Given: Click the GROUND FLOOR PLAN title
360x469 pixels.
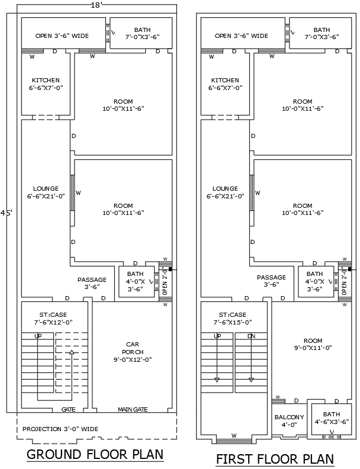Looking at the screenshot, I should click(x=95, y=455).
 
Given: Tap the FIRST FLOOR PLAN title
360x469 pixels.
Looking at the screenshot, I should click(x=274, y=459).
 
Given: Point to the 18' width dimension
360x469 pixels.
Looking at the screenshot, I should click(x=97, y=5).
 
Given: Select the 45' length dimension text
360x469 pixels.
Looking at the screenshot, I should click(x=6, y=212).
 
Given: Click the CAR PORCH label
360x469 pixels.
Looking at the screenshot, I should click(x=133, y=351).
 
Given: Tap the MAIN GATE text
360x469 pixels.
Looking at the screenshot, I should click(x=133, y=409).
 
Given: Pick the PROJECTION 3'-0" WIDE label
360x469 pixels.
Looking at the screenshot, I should click(x=60, y=429).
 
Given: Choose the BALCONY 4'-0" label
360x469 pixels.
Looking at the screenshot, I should click(x=289, y=420).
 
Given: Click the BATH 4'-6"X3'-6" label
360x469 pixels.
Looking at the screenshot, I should click(x=332, y=417).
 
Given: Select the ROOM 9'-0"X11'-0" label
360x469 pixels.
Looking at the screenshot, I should click(x=313, y=344).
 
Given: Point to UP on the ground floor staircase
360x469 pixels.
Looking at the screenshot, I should click(x=38, y=336).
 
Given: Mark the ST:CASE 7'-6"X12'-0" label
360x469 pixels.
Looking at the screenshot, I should click(x=53, y=319).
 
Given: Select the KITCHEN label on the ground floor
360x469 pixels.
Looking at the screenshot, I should click(x=46, y=83).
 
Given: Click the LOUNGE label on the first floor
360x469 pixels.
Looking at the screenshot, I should click(x=225, y=192).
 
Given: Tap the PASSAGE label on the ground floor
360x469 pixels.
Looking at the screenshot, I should click(x=92, y=282).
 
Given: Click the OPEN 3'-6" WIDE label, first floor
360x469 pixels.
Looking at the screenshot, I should click(x=242, y=36).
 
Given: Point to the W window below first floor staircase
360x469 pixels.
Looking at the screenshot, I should click(x=234, y=436).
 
